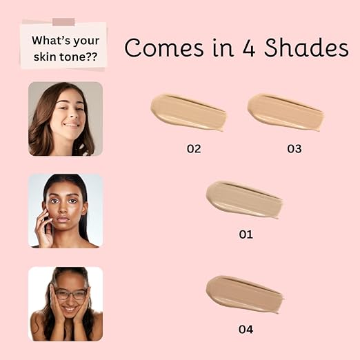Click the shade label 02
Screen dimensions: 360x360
pyautogui.click(x=194, y=149)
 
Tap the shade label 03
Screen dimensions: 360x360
pyautogui.click(x=294, y=149)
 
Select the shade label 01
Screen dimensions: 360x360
pyautogui.click(x=246, y=234)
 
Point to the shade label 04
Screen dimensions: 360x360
pyautogui.click(x=246, y=330)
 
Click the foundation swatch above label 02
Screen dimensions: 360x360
pyautogui.click(x=188, y=112)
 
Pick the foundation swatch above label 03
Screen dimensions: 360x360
pyautogui.click(x=286, y=112)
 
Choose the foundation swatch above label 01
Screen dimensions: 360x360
pyautogui.click(x=244, y=199)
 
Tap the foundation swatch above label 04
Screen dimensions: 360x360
pyautogui.click(x=244, y=294)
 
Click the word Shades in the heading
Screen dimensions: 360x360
pyautogui.click(x=306, y=48)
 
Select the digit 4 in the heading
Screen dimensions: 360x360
pyautogui.click(x=249, y=48)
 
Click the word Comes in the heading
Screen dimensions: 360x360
pyautogui.click(x=164, y=48)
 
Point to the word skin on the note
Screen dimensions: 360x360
pyautogui.click(x=45, y=57)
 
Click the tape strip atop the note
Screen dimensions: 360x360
pyautogui.click(x=63, y=22)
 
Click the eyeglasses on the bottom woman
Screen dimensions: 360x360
pyautogui.click(x=71, y=294)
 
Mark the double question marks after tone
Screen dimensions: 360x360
pyautogui.click(x=92, y=57)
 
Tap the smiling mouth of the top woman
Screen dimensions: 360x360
pyautogui.click(x=71, y=125)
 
